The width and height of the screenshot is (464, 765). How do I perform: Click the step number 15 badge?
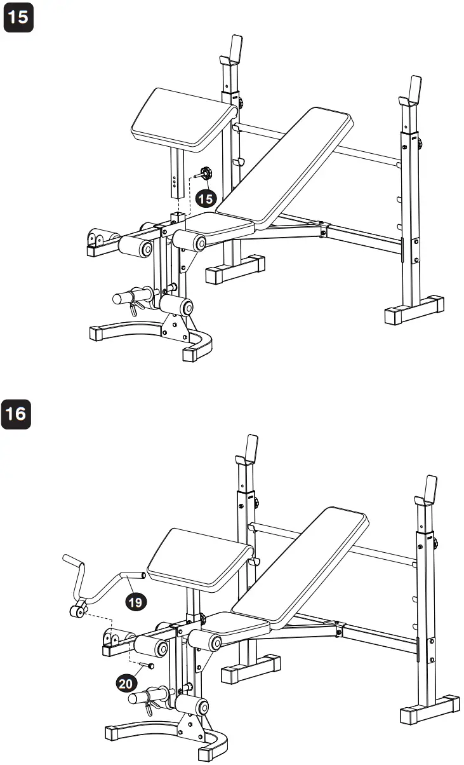point(18,17)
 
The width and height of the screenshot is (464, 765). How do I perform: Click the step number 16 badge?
point(18,414)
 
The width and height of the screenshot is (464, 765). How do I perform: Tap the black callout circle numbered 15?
point(205,199)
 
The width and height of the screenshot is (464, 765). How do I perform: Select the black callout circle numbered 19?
point(135,601)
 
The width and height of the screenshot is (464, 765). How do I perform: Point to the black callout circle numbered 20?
point(126,683)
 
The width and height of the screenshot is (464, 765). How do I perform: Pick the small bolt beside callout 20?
point(151,666)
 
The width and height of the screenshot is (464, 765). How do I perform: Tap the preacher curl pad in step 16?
point(199,558)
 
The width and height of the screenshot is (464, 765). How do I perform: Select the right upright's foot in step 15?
point(414,311)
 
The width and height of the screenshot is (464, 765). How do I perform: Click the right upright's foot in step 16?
point(430,710)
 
